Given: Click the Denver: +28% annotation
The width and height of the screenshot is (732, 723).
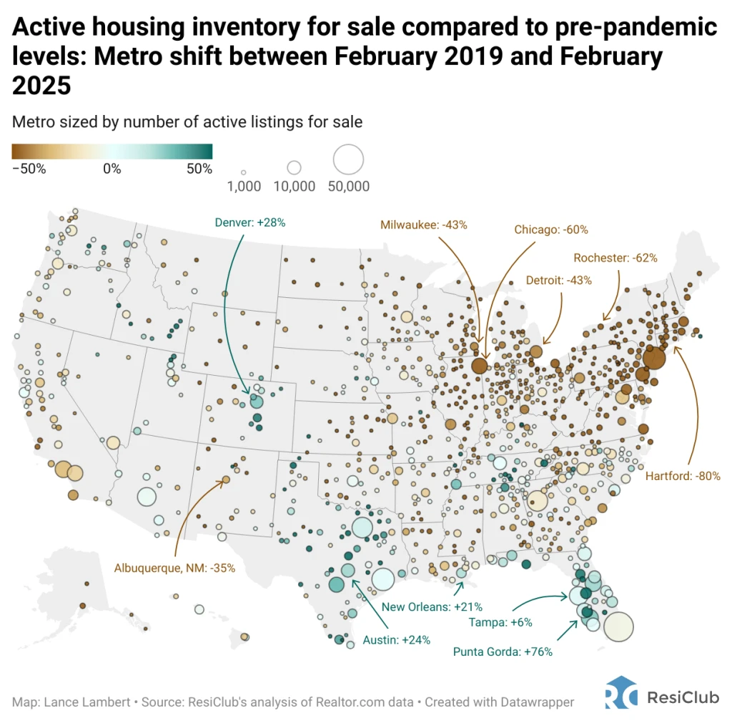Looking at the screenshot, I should click(x=250, y=222).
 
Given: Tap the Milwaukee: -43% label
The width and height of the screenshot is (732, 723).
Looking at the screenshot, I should click(x=424, y=224).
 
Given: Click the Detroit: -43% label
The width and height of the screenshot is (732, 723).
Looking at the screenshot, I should click(x=558, y=280).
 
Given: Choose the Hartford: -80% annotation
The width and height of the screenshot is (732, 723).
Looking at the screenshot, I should click(x=683, y=476).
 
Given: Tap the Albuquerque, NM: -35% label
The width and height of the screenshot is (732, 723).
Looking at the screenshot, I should click(x=174, y=568).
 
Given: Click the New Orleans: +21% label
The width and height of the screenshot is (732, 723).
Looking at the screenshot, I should click(x=427, y=607).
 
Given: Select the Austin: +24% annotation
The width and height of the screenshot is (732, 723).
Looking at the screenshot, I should click(x=397, y=640).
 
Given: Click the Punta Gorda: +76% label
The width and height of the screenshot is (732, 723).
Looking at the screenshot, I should click(x=503, y=652).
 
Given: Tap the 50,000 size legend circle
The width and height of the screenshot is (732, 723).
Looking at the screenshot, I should click(x=349, y=160).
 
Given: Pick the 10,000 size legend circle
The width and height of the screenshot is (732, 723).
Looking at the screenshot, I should click(x=294, y=168).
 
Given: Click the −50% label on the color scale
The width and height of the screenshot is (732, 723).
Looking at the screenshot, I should click(x=29, y=169).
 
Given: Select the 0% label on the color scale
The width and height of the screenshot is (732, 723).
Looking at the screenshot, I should click(x=112, y=169).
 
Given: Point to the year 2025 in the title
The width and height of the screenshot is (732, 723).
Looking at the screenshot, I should click(x=41, y=86).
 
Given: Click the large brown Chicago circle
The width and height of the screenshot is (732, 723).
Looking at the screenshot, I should click(x=480, y=366).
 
